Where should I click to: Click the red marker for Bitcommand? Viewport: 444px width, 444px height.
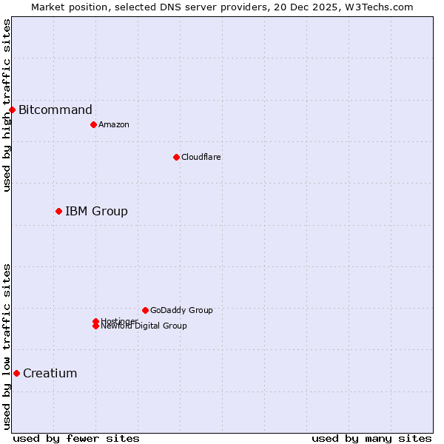pos(12,110)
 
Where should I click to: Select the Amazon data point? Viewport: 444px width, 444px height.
pos(93,124)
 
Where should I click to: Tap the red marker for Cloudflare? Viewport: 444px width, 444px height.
pos(176,157)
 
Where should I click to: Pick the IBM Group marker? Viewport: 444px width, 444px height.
pos(58,212)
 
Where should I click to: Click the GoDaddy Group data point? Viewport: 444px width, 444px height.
pos(145,310)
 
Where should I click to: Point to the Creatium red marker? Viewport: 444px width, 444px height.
pos(16,373)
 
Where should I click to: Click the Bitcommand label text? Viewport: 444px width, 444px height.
pos(55,110)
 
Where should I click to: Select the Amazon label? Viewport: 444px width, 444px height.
pos(114,124)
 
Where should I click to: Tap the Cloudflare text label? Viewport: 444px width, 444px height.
pos(201,157)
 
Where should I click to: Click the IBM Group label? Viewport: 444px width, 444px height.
pos(96,212)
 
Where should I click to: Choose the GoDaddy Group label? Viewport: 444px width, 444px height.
pos(181,310)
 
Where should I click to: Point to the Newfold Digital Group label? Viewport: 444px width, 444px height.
pos(144,326)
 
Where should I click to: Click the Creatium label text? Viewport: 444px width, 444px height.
pos(50,373)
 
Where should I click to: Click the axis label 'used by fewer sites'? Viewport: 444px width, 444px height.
pos(76,438)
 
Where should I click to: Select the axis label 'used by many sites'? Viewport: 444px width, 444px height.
pos(371,438)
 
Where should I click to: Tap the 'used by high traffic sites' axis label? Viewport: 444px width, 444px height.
pos(7,106)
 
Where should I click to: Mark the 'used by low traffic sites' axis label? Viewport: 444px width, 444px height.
pos(7,346)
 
